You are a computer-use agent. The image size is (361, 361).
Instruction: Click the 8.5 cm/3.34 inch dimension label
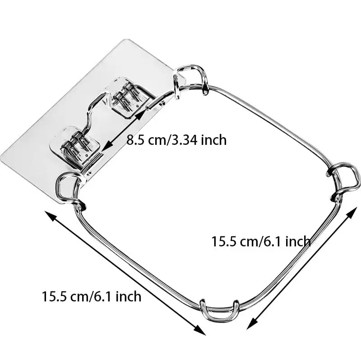tap(176, 140)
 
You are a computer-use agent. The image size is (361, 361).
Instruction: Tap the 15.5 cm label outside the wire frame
tap(92, 296)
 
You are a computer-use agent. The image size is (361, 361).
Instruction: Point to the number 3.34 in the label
tap(185, 140)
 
